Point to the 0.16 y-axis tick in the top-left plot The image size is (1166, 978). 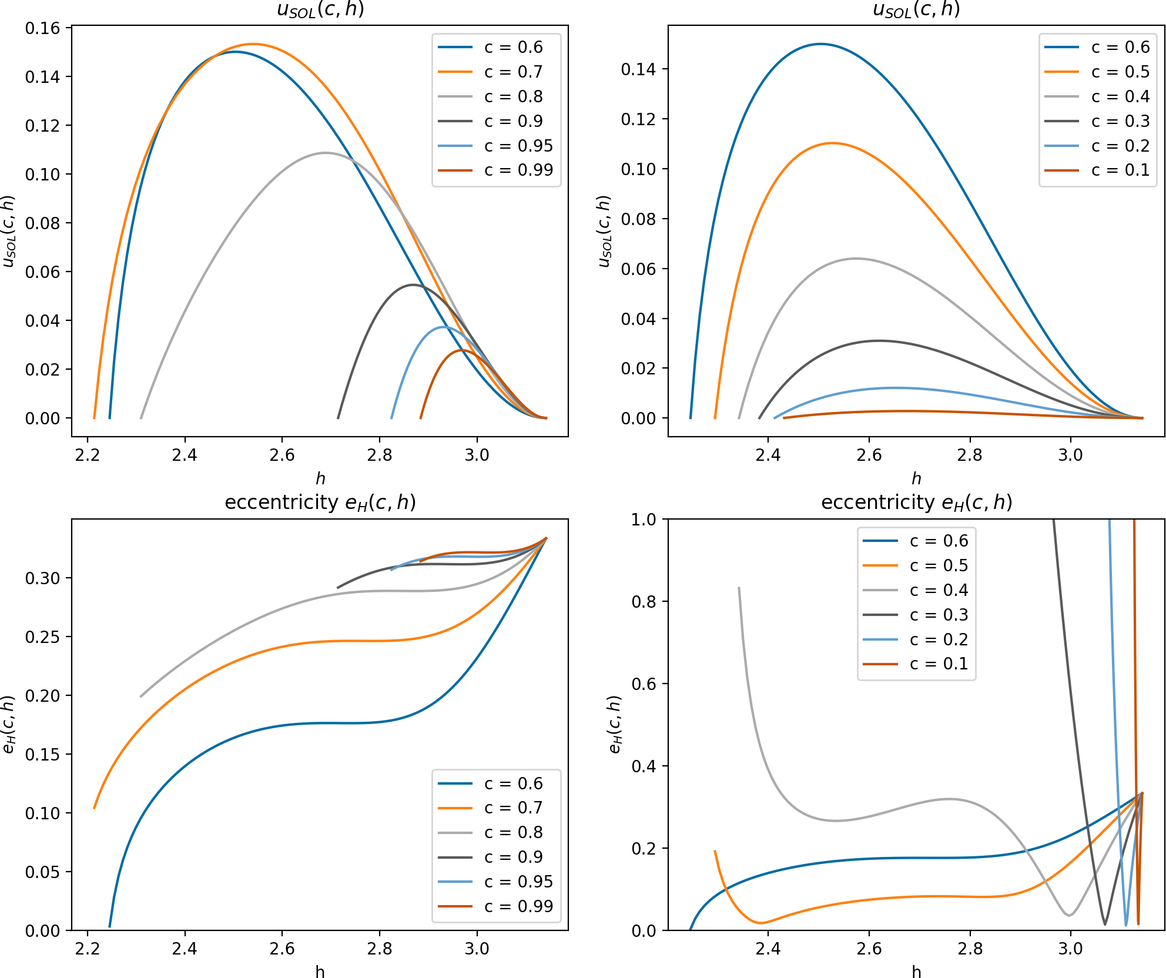tap(42, 28)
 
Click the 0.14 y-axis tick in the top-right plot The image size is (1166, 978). tap(638, 69)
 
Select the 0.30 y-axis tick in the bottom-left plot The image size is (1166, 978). tap(42, 578)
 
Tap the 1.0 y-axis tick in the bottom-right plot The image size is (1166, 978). tap(643, 520)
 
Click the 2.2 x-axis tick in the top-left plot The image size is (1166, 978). tap(88, 455)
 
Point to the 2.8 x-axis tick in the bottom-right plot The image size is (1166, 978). tap(970, 949)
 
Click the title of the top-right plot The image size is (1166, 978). tap(916, 9)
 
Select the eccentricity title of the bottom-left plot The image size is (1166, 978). tap(320, 503)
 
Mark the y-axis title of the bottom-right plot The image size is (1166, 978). tap(615, 724)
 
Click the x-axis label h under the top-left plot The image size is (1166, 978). tap(320, 478)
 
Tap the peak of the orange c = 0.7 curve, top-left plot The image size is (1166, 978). tap(253, 44)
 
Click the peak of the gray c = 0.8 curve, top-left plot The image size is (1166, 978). tap(326, 153)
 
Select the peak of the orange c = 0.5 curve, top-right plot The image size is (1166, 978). tap(832, 143)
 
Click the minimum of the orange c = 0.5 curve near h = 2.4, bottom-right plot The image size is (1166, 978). tap(760, 923)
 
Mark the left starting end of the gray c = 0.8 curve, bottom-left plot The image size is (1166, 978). tap(141, 696)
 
